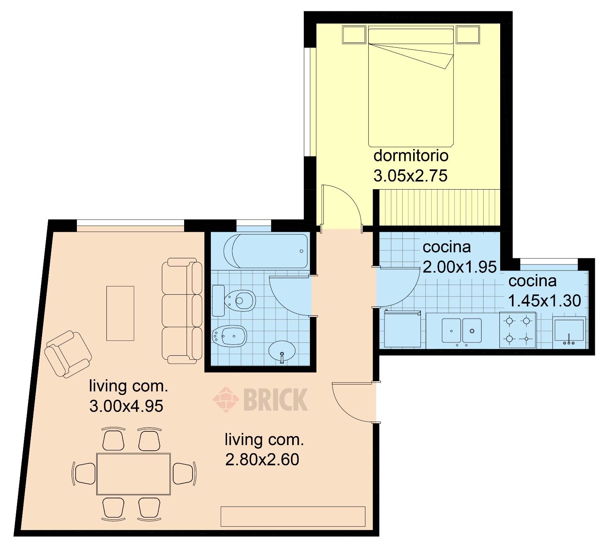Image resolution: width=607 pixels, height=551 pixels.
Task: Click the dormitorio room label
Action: [x=411, y=156]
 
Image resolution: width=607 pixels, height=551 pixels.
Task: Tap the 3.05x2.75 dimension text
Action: [x=410, y=176]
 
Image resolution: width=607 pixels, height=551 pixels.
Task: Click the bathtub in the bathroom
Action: [x=265, y=251]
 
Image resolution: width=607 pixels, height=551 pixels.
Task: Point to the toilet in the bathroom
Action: [x=233, y=301]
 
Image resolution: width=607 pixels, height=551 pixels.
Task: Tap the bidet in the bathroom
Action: [x=230, y=336]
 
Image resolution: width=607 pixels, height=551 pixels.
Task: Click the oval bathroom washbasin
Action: [x=282, y=351]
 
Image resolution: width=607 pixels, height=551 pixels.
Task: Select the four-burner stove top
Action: [x=518, y=330]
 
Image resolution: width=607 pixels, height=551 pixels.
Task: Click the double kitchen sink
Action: [x=461, y=331]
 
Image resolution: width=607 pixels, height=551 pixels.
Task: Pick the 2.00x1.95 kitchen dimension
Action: [x=459, y=267]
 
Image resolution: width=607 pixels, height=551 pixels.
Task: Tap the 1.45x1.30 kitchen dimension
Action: [x=544, y=301]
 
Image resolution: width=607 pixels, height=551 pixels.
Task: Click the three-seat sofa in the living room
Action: [x=182, y=311]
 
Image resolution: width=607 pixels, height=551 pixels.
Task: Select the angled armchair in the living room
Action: [x=68, y=354]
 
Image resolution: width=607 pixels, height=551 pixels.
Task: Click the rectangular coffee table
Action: [x=120, y=313]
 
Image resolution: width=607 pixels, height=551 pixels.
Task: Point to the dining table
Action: [x=134, y=478]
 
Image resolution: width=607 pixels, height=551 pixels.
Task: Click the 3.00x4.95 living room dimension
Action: [x=126, y=406]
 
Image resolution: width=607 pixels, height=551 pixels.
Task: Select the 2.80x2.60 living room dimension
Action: [x=262, y=459]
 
